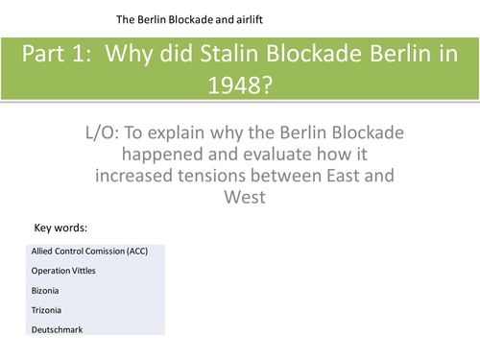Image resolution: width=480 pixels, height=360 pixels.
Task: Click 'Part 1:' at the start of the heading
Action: tap(58, 56)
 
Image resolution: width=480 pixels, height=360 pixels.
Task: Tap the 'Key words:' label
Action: tap(60, 228)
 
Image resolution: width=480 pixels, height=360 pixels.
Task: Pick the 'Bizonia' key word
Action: tap(46, 290)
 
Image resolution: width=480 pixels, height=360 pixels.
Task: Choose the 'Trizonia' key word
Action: tap(47, 309)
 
